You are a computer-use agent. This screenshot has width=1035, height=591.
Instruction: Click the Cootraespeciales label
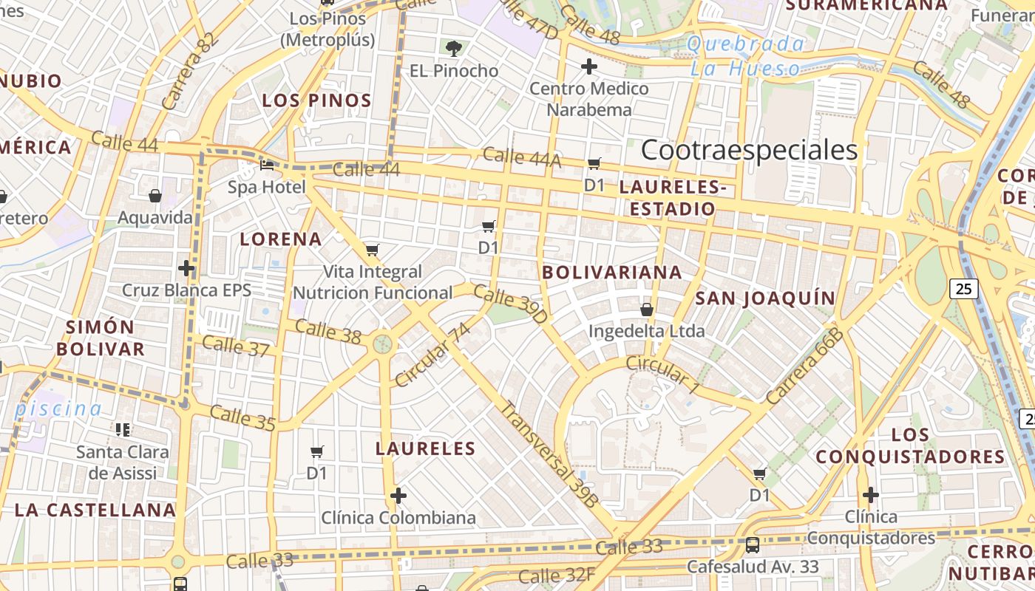point(749,150)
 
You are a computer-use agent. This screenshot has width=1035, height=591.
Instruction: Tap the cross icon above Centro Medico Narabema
point(588,67)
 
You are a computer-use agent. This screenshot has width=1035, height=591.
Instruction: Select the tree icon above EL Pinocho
point(454,49)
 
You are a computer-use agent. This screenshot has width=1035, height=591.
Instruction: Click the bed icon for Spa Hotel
point(267,165)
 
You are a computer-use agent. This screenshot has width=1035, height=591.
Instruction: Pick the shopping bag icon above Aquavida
point(155,196)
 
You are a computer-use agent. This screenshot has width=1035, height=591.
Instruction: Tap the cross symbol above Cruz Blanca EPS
point(186,267)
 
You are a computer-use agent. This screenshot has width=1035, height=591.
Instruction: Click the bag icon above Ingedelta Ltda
point(647,310)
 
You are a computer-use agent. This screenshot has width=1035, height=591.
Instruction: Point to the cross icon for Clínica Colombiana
point(398,495)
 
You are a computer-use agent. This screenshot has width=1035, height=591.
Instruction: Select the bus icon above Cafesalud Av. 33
point(753,545)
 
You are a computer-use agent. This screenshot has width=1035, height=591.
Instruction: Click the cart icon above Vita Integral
point(372,250)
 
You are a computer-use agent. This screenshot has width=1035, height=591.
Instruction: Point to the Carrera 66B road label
point(804,366)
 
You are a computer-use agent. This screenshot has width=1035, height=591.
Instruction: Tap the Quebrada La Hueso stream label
point(745,56)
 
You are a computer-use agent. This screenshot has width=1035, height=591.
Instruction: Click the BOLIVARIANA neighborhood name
point(612,272)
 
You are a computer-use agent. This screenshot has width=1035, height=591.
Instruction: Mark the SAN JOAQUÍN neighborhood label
point(766,298)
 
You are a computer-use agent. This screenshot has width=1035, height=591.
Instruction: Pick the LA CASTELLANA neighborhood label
point(95,510)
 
